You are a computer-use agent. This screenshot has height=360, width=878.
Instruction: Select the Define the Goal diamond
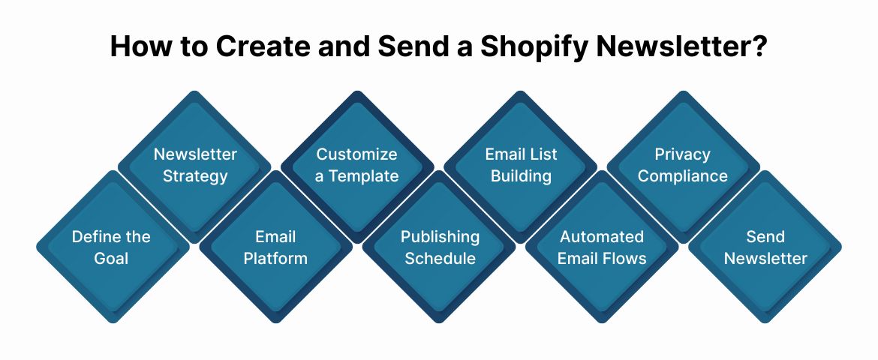(x=111, y=247)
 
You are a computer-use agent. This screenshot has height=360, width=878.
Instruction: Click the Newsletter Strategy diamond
(x=195, y=166)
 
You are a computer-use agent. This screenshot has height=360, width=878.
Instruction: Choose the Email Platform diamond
(x=275, y=247)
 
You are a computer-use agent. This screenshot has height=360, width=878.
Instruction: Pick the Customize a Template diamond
(x=357, y=166)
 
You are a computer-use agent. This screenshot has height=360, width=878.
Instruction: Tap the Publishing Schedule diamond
(x=439, y=247)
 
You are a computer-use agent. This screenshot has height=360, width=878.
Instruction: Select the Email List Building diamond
(x=520, y=166)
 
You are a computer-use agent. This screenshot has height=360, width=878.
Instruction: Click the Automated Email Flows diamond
(x=602, y=247)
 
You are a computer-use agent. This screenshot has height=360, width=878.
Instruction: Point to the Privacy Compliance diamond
(x=683, y=166)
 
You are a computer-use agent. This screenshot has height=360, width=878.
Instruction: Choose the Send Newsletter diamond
(x=765, y=247)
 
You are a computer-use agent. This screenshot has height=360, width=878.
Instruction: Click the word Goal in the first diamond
(x=111, y=259)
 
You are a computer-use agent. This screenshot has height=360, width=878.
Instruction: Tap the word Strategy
(x=195, y=177)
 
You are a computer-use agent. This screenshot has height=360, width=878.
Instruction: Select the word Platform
(x=275, y=259)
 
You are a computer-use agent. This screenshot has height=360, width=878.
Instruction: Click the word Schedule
(x=439, y=259)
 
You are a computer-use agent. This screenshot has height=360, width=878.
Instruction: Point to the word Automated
(x=602, y=237)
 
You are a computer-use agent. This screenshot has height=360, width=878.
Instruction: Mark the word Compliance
(x=683, y=177)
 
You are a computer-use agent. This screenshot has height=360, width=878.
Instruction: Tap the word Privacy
(x=683, y=154)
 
